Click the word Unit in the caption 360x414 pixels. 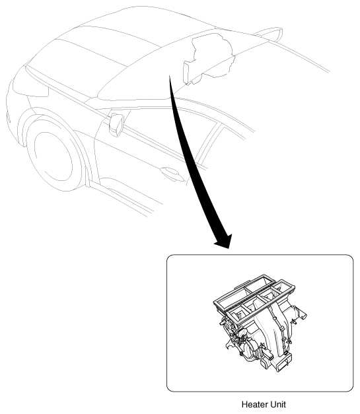pyautogui.click(x=279, y=404)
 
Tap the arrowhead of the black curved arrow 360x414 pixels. pyautogui.click(x=224, y=241)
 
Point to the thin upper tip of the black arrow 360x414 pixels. pyautogui.click(x=169, y=76)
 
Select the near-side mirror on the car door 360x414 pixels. pyautogui.click(x=116, y=124)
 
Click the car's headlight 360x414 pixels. pyautogui.click(x=30, y=88)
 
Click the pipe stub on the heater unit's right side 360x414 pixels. pyautogui.click(x=301, y=314)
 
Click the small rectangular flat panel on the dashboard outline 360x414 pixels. pyautogui.click(x=187, y=72)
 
